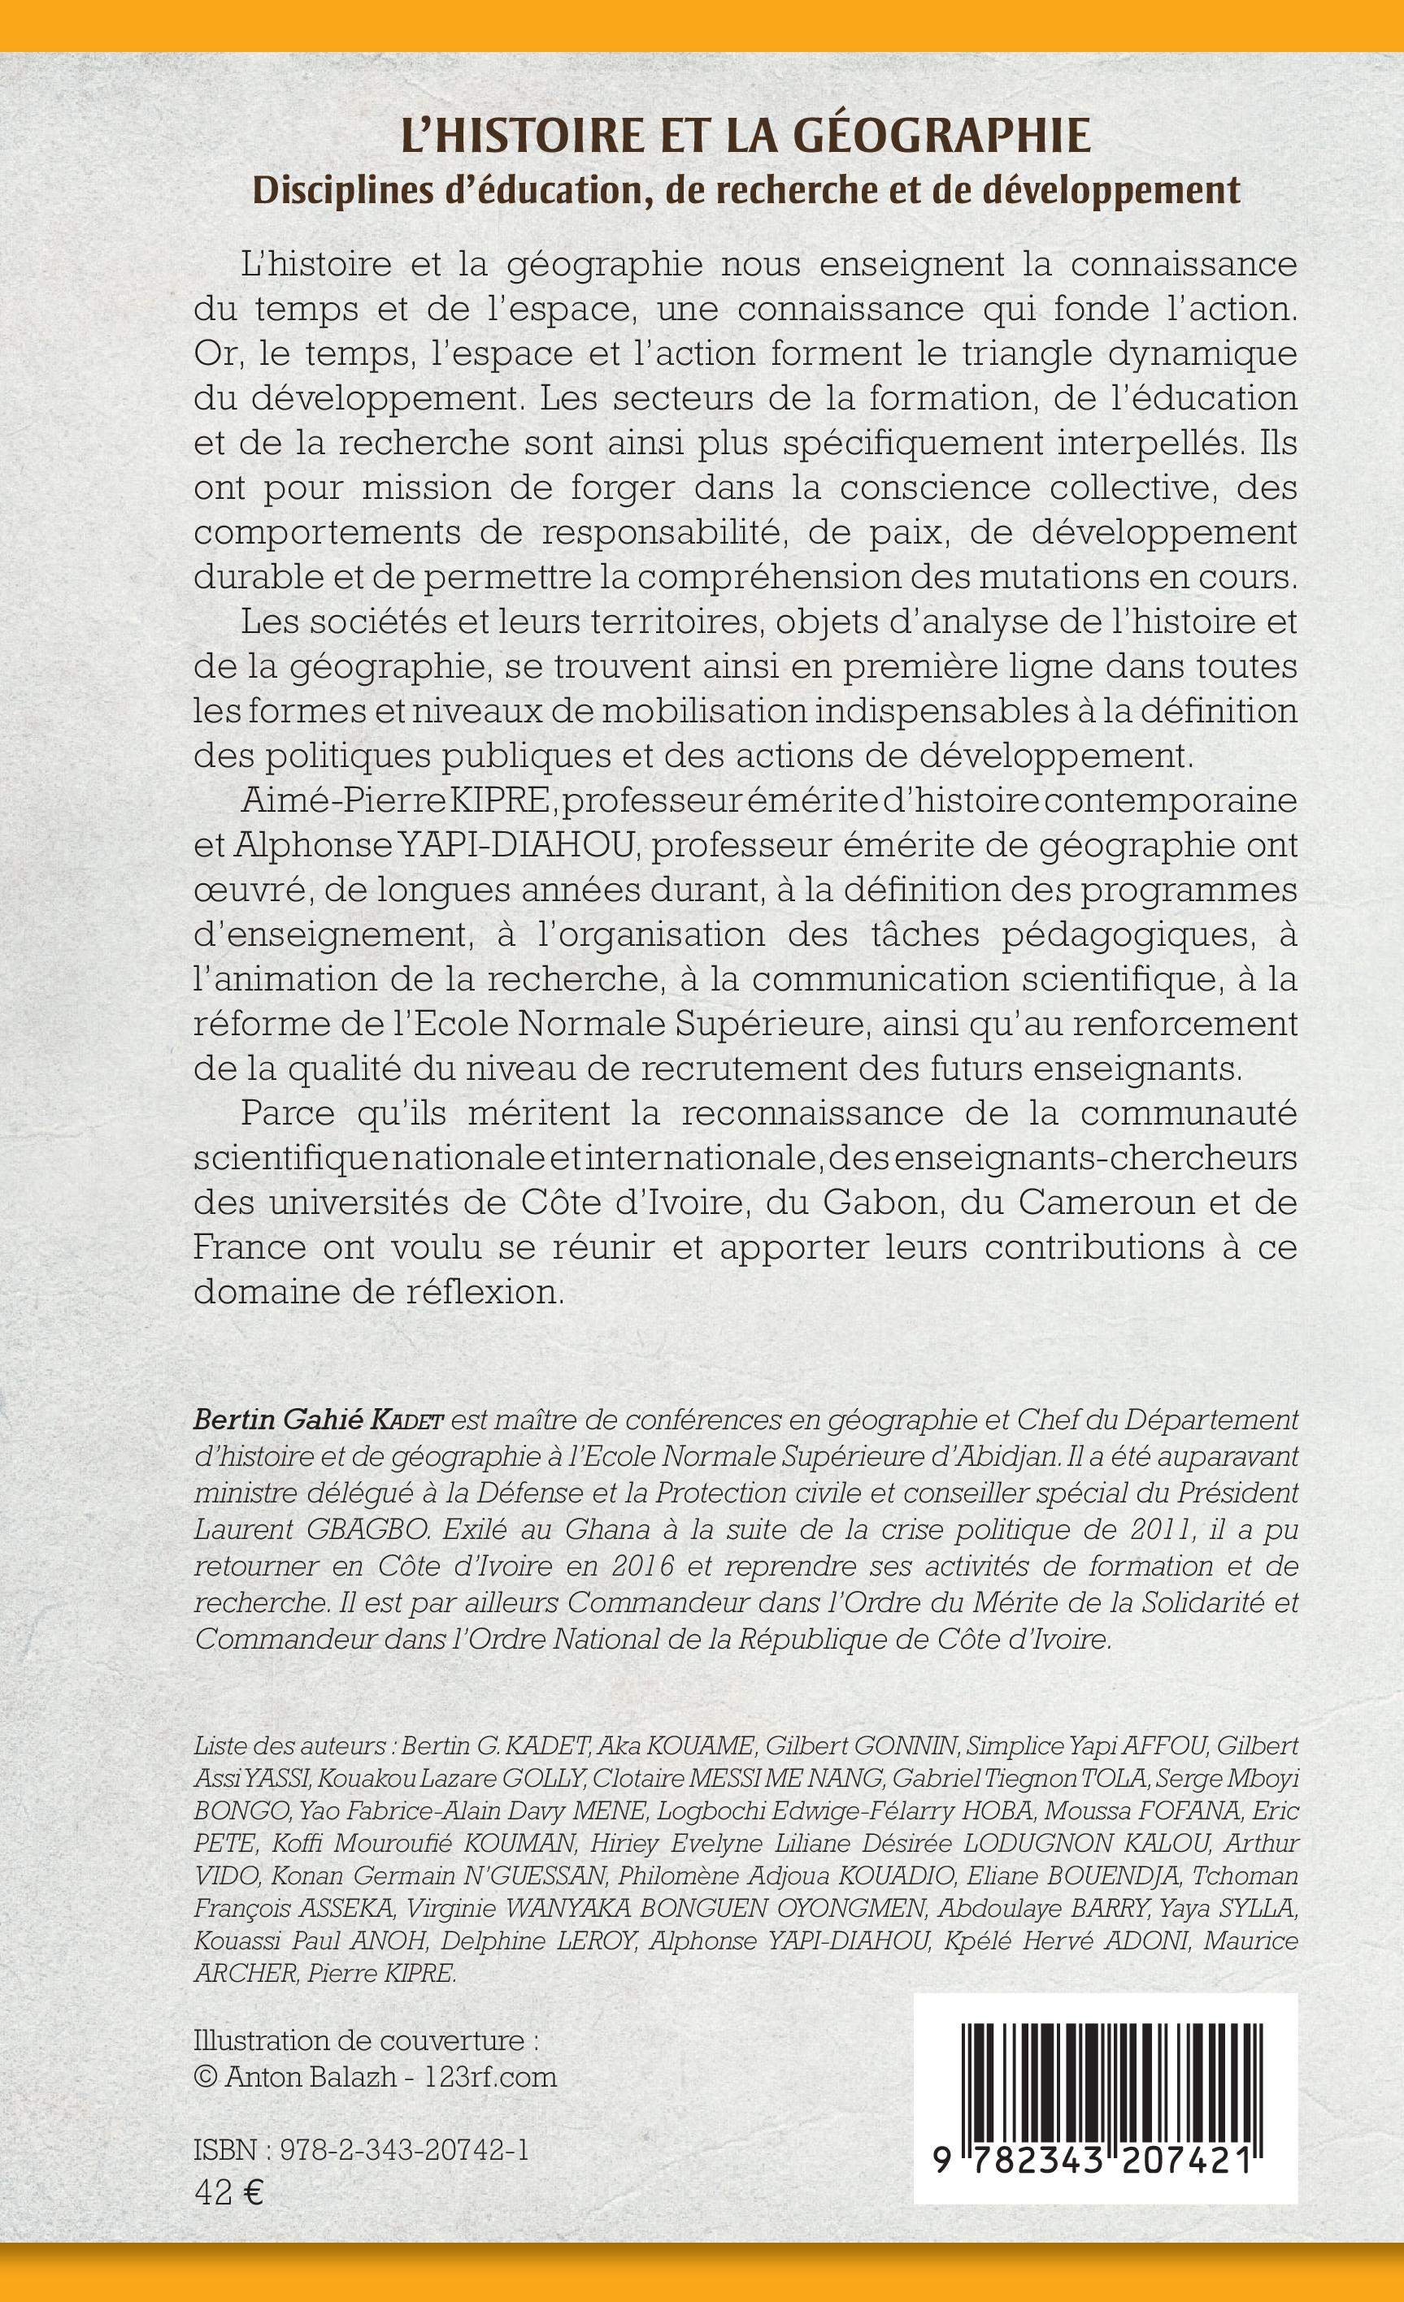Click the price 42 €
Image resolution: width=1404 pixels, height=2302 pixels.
pos(228,2186)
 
